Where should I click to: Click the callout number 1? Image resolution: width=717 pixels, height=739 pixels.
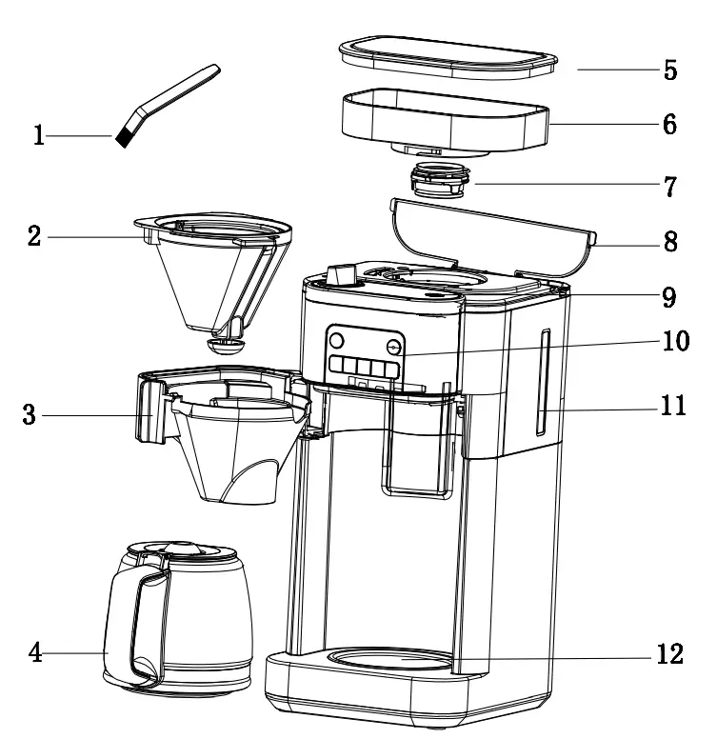[39, 136]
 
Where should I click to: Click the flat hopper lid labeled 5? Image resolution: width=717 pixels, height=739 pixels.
[448, 59]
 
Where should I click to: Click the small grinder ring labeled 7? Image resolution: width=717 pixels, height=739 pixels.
[441, 178]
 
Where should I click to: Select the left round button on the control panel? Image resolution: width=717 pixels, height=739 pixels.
[335, 340]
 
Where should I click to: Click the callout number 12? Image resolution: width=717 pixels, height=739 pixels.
[670, 657]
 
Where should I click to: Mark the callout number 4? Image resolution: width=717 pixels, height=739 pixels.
[35, 653]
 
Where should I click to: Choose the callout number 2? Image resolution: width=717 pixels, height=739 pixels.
[35, 236]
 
